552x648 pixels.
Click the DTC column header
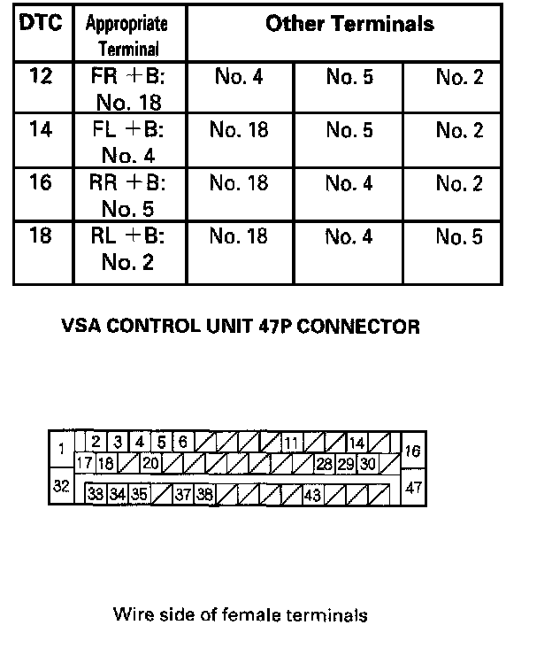[42, 24]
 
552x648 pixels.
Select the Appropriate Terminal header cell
[129, 35]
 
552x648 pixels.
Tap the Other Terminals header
[349, 24]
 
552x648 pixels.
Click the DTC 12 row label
[42, 77]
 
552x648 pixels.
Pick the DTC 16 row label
[42, 183]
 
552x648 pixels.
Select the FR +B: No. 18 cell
[129, 89]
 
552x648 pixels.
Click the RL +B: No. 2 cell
[129, 249]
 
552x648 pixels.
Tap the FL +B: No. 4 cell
[129, 143]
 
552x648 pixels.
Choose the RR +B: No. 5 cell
[129, 196]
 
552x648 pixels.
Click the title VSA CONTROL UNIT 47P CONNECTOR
[240, 327]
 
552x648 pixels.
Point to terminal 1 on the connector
[61, 449]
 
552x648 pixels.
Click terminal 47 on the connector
[412, 487]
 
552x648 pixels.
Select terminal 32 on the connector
[61, 486]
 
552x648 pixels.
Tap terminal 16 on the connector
[412, 451]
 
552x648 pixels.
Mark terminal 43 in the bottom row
[312, 495]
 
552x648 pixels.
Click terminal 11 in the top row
[292, 442]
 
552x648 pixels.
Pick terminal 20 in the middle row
[150, 463]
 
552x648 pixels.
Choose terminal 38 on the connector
[205, 495]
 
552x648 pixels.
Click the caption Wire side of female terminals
[240, 614]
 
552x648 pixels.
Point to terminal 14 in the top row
[356, 442]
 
